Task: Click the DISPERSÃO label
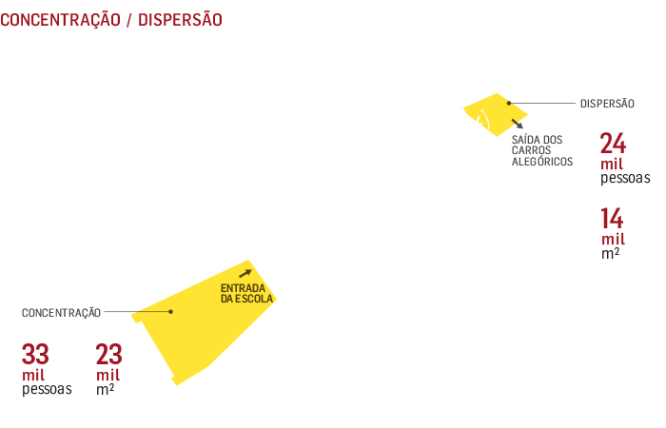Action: point(606,104)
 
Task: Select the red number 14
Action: point(612,218)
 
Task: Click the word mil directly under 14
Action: point(613,239)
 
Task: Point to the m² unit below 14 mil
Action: point(610,255)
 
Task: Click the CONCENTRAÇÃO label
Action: point(61,312)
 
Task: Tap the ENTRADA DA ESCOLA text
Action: point(246,293)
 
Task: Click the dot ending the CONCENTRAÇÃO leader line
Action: point(171,312)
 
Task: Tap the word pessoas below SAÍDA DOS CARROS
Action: point(625,178)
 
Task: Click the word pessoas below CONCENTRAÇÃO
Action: point(47,389)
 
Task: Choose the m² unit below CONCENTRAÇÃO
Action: point(105,389)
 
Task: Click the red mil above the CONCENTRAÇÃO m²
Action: point(108,375)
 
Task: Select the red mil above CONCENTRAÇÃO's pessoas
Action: point(33,375)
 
